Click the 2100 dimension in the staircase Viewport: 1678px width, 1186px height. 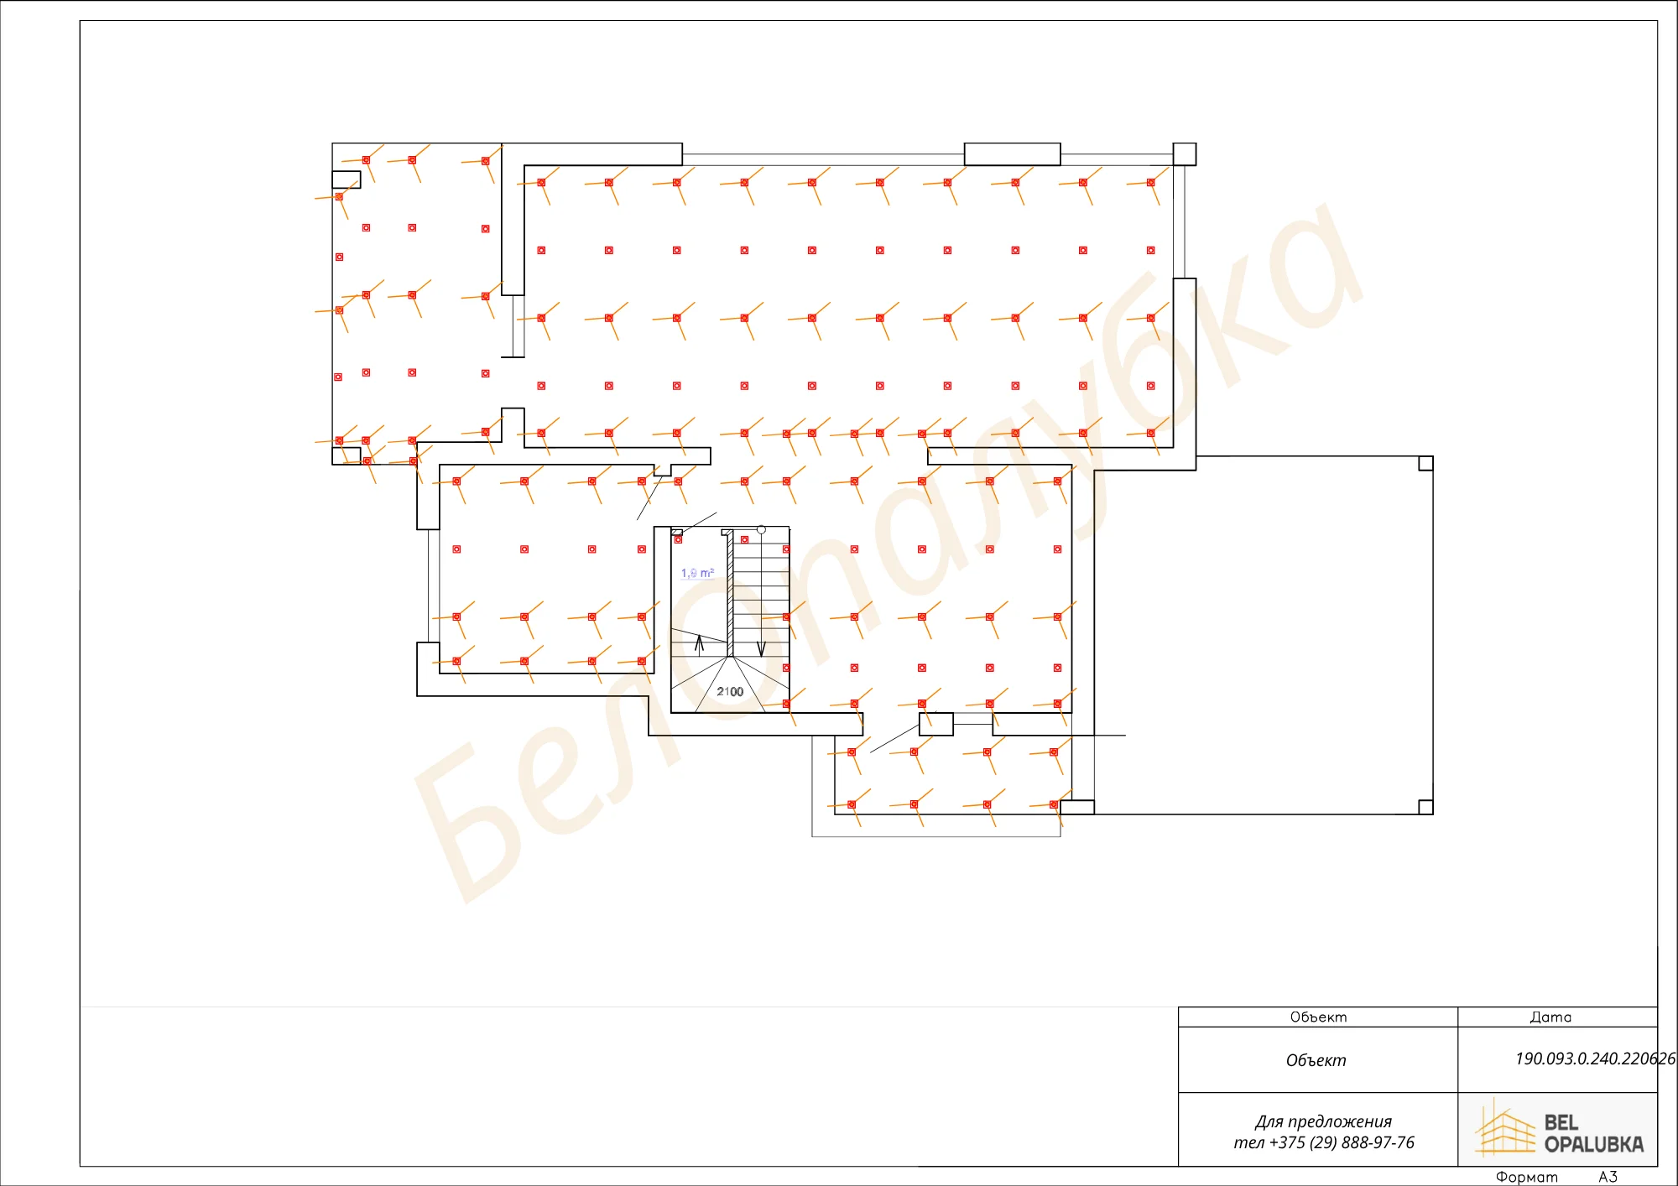pos(730,692)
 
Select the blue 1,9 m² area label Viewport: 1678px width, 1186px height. pos(698,573)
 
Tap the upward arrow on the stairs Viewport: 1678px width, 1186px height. pos(699,644)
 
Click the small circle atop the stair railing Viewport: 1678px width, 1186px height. pos(761,530)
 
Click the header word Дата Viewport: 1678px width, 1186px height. pos(1550,1017)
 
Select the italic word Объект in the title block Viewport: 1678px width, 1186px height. pos(1316,1060)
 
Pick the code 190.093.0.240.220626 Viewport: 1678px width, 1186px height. pos(1595,1059)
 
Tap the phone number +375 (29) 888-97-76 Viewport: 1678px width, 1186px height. pos(1342,1142)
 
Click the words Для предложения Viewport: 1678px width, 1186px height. pos(1323,1122)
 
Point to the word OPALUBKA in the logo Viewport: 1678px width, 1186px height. pos(1594,1144)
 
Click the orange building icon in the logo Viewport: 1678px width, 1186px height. pos(1505,1129)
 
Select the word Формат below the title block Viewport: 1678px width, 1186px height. pos(1527,1177)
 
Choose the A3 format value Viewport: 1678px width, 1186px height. pos(1608,1177)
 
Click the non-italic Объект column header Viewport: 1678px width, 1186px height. pos(1318,1017)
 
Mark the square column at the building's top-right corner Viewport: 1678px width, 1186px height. pos(1184,153)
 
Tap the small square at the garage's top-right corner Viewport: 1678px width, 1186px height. pos(1425,463)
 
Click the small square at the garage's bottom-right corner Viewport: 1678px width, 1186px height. pos(1425,807)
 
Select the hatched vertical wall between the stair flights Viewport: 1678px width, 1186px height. pos(730,592)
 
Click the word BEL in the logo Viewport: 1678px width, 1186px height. pos(1561,1122)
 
